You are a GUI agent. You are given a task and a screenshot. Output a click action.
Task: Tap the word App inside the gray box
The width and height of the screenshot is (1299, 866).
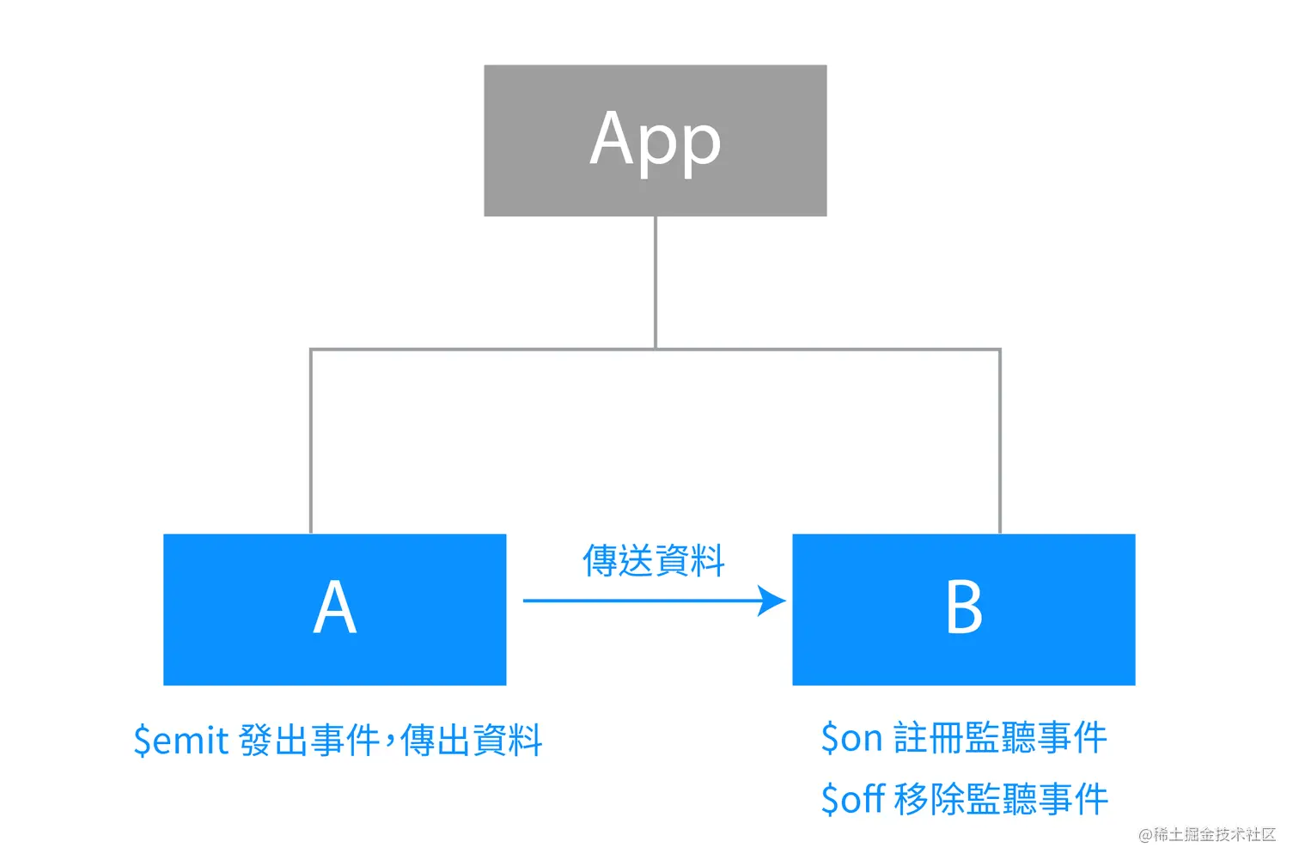(656, 140)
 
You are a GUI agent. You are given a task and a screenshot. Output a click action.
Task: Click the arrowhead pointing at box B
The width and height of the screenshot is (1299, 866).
(773, 601)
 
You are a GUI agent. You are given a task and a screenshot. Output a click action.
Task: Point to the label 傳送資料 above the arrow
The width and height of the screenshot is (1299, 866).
(654, 561)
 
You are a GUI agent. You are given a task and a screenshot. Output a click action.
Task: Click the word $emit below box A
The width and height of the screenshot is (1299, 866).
(181, 740)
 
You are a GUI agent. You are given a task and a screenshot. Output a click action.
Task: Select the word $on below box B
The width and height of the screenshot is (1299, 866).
(851, 737)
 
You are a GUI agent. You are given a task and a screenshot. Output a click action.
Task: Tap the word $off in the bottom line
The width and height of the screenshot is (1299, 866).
(853, 799)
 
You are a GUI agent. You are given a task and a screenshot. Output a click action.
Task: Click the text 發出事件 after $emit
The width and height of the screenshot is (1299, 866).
(309, 740)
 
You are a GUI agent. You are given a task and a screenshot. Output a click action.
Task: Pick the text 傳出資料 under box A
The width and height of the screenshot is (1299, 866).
(472, 740)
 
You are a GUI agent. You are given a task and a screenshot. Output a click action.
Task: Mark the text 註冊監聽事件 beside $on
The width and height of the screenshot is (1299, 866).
(1000, 737)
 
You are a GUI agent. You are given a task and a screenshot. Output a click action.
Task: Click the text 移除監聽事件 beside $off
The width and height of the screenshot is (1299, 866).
(1001, 799)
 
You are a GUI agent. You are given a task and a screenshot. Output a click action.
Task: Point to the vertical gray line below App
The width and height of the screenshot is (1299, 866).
(656, 282)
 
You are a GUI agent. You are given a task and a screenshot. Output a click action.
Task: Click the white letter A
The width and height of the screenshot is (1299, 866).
(335, 607)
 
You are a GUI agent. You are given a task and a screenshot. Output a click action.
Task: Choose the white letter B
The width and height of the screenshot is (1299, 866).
(963, 607)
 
